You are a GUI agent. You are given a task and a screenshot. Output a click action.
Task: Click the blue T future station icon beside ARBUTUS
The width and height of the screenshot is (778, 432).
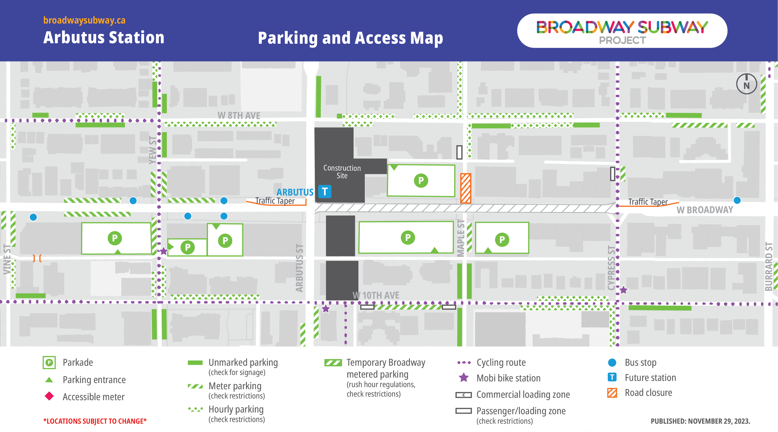325,191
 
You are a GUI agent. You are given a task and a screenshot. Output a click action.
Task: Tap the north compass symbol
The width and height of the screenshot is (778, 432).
746,84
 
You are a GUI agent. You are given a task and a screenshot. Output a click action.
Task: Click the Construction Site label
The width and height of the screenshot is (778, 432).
342,172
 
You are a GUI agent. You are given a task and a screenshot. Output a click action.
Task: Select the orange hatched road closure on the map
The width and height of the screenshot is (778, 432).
465,188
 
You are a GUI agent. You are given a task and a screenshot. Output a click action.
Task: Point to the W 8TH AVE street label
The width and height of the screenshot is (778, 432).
238,115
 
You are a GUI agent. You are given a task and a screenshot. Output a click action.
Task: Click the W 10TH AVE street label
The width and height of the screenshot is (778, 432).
376,295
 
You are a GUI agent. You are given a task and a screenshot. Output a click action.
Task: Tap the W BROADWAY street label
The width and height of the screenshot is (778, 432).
704,210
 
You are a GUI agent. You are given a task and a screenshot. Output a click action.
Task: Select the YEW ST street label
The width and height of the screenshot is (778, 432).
153,150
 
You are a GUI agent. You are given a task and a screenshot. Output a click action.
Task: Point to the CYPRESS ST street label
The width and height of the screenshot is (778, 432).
611,268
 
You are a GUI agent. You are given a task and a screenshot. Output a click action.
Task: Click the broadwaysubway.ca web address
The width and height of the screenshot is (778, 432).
84,20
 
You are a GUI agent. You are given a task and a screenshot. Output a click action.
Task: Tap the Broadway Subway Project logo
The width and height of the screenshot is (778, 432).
622,30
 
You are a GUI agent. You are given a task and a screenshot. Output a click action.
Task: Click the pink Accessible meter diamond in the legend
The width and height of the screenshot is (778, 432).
49,396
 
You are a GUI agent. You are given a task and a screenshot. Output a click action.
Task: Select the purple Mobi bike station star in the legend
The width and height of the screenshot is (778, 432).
464,378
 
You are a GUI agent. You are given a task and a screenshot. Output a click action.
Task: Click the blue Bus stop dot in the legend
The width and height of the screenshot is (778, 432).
612,362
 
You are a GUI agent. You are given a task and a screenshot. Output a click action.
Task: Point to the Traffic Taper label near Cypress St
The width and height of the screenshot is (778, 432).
648,202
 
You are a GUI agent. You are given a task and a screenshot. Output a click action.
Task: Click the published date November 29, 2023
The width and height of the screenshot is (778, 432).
700,421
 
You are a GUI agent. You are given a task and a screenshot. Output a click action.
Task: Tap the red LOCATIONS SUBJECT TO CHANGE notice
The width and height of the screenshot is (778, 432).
95,421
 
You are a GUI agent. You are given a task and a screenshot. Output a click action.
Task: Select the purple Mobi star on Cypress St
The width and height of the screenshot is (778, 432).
623,290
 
